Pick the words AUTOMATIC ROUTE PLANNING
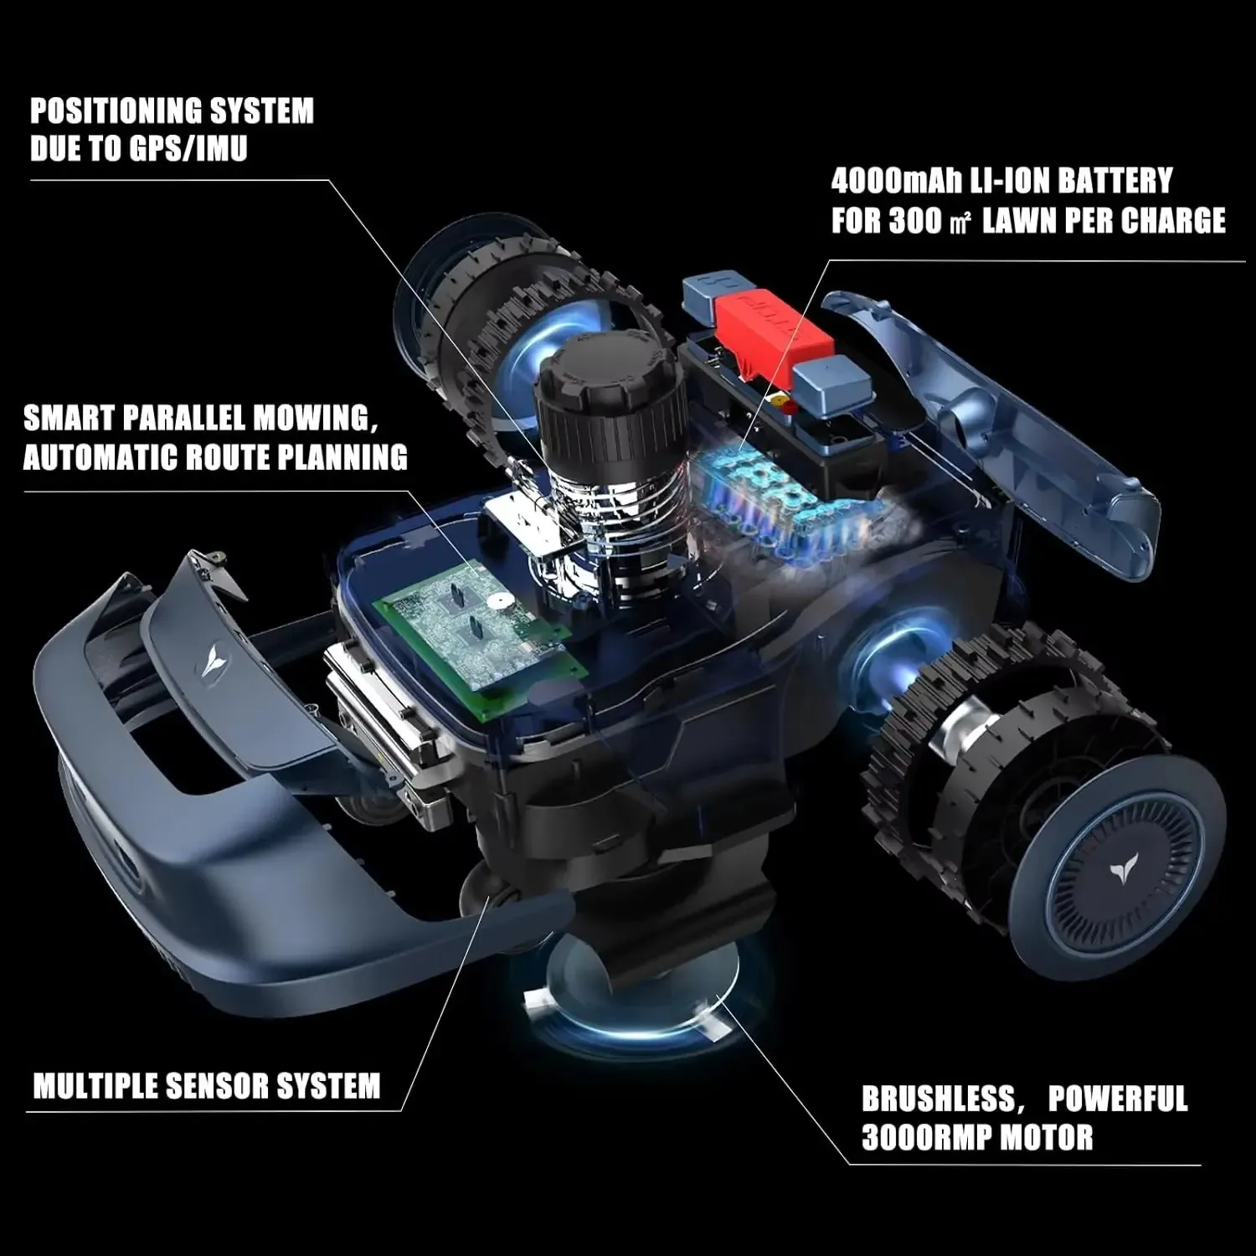coord(215,457)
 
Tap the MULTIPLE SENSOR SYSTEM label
coord(206,1086)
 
